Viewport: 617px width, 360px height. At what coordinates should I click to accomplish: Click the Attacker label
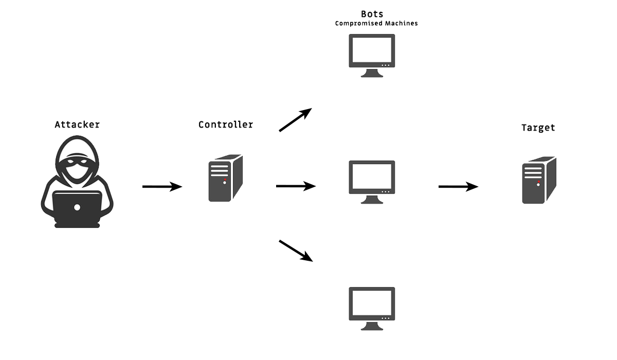click(77, 124)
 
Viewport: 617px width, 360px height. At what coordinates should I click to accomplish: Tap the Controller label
click(226, 124)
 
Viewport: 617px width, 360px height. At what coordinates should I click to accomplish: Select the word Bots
click(372, 14)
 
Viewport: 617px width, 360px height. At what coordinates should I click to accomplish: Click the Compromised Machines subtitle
click(376, 23)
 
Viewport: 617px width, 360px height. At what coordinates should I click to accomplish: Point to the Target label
click(538, 128)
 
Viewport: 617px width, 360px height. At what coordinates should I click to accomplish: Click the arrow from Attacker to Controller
click(162, 187)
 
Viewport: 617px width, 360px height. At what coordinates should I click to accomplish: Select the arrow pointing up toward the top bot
click(296, 120)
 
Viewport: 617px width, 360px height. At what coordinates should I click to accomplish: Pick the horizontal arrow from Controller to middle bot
click(296, 186)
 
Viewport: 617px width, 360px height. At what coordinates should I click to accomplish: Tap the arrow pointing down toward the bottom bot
click(296, 250)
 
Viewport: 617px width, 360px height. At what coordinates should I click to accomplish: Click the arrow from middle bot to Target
click(458, 187)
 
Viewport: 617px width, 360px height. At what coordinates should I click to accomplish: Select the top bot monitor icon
click(372, 55)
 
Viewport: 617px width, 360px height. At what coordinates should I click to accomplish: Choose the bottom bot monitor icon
click(372, 308)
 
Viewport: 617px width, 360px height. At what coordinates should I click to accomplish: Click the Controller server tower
click(225, 178)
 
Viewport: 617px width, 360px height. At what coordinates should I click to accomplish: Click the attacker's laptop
click(77, 208)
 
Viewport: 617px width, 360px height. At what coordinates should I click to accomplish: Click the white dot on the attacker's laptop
click(77, 207)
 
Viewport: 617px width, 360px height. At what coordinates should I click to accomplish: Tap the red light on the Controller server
click(225, 179)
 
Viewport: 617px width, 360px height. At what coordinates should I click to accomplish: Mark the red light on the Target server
click(538, 182)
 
